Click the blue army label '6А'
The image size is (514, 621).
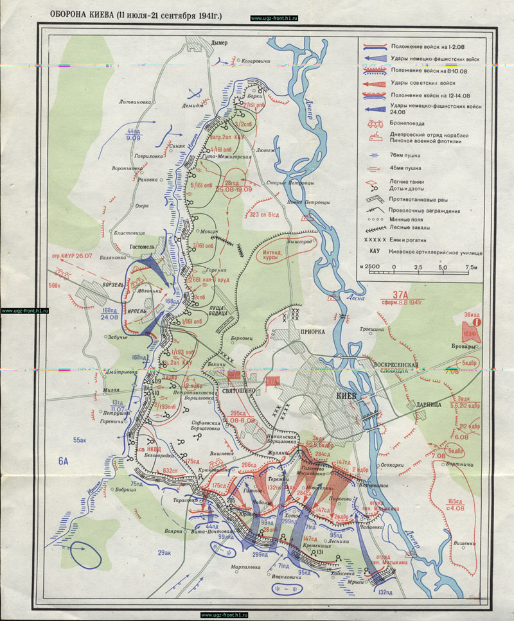[63, 460]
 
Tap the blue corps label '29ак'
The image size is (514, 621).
[166, 552]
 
